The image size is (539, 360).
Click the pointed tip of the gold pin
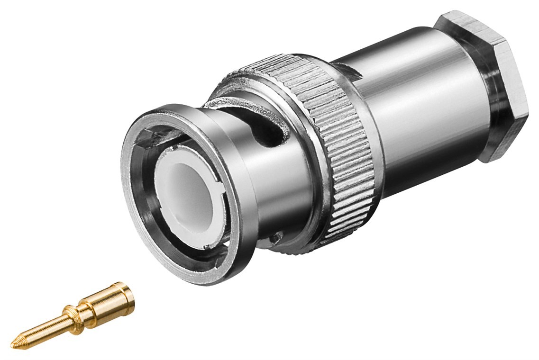(13, 345)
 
